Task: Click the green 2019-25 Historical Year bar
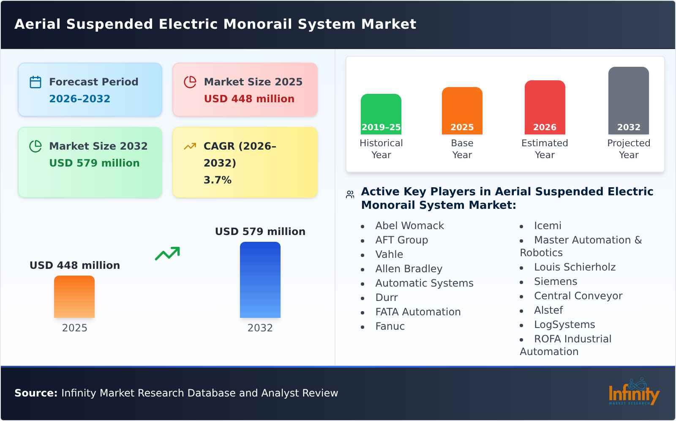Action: tap(381, 113)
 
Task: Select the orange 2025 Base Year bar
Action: tap(462, 110)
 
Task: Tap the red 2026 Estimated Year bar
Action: tap(545, 107)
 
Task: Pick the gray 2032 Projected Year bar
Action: tap(628, 100)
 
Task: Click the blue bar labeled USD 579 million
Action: tap(260, 280)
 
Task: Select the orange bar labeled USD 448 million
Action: tap(74, 296)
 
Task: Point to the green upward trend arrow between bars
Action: tap(167, 254)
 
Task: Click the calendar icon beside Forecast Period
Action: tap(35, 82)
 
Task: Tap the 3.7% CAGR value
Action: tap(217, 180)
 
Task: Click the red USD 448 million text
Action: tap(249, 99)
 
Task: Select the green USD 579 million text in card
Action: tap(94, 163)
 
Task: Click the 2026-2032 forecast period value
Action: tap(79, 99)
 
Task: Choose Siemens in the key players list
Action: tap(555, 282)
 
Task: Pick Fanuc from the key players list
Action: tap(390, 326)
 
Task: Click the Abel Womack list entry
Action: tap(409, 226)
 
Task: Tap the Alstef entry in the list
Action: tap(548, 310)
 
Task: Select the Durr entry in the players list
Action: tap(386, 298)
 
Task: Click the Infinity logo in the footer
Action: tap(634, 392)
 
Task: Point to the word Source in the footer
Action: tap(35, 393)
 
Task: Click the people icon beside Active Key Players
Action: tap(350, 194)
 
